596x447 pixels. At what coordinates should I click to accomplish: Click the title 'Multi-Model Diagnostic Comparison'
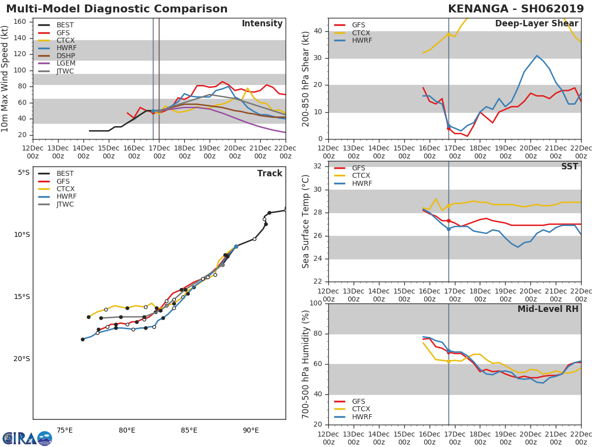[117, 9]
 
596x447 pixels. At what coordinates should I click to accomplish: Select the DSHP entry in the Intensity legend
[65, 56]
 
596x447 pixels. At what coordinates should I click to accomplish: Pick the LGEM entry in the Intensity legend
[65, 64]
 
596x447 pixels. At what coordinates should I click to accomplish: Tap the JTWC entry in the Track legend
[65, 204]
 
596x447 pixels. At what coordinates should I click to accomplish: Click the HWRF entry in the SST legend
[362, 183]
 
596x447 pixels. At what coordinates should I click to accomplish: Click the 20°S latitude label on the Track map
[21, 359]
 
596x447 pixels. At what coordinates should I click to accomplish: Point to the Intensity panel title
[262, 24]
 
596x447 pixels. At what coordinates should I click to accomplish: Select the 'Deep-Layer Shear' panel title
[536, 24]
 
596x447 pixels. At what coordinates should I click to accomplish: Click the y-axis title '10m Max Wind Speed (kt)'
[5, 78]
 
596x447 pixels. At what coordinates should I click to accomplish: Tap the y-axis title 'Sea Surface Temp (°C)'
[306, 222]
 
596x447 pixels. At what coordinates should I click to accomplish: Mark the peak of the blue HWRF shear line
[536, 56]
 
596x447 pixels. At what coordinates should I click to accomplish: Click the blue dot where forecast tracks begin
[236, 246]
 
